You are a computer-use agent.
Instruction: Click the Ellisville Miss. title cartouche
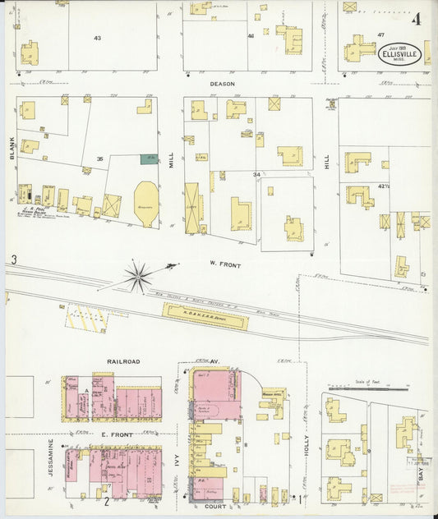pyautogui.click(x=399, y=55)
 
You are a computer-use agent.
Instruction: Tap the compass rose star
pyautogui.click(x=139, y=275)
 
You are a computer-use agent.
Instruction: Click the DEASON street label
pyautogui.click(x=222, y=84)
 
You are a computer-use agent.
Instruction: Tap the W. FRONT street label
pyautogui.click(x=223, y=264)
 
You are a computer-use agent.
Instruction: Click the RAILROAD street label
pyautogui.click(x=122, y=361)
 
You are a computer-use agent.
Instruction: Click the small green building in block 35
pyautogui.click(x=148, y=158)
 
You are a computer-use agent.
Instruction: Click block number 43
pyautogui.click(x=98, y=39)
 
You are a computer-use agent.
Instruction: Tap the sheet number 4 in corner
pyautogui.click(x=417, y=18)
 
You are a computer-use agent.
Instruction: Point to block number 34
pyautogui.click(x=256, y=174)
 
